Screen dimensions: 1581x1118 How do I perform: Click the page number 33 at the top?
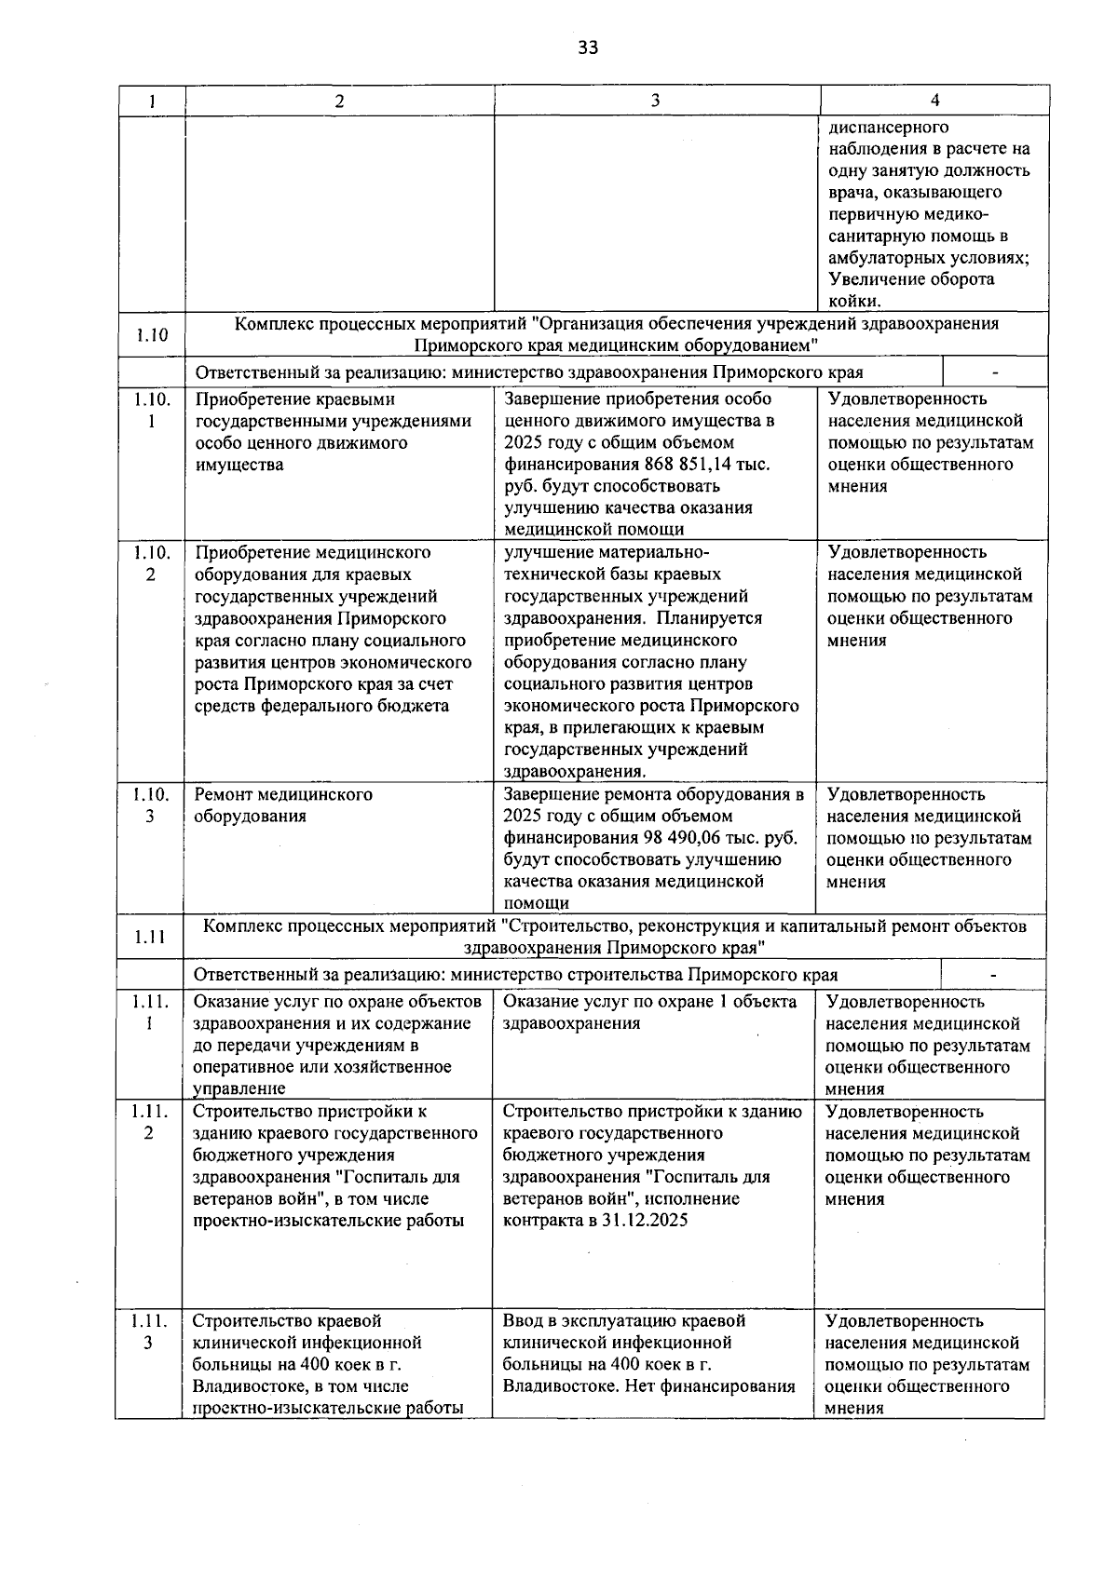[588, 47]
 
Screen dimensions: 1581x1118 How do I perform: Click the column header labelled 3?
[655, 101]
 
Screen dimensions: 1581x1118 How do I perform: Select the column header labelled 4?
[934, 101]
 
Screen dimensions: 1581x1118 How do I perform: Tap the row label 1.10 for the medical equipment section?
[151, 335]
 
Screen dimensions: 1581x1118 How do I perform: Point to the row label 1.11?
[149, 938]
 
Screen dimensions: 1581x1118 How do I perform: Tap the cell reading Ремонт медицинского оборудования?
[283, 805]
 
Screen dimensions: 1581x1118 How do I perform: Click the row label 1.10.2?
[151, 563]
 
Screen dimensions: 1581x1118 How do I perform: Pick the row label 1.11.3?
[149, 1331]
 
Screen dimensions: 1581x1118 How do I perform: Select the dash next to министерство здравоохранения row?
[994, 373]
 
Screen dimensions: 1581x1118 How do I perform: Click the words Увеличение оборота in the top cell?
[910, 279]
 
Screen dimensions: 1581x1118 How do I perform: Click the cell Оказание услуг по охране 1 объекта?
[649, 1013]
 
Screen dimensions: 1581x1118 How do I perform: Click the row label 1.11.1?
[149, 1013]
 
